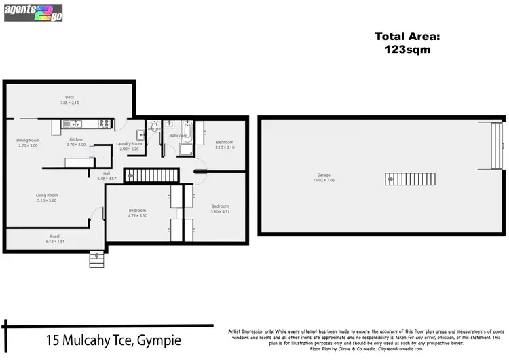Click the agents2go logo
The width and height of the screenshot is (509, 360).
click(33, 12)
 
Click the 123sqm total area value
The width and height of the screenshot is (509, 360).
click(402, 49)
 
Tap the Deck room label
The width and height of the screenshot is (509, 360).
click(70, 98)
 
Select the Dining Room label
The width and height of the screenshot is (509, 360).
click(28, 140)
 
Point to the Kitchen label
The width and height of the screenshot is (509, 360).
click(76, 139)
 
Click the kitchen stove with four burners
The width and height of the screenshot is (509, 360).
click(105, 124)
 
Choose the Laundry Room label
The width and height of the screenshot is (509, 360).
click(128, 143)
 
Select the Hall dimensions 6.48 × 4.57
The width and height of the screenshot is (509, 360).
click(107, 179)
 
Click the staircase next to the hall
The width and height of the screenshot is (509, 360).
click(151, 175)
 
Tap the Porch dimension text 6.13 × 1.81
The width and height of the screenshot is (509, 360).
click(54, 242)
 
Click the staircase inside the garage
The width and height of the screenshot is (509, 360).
click(390, 179)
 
